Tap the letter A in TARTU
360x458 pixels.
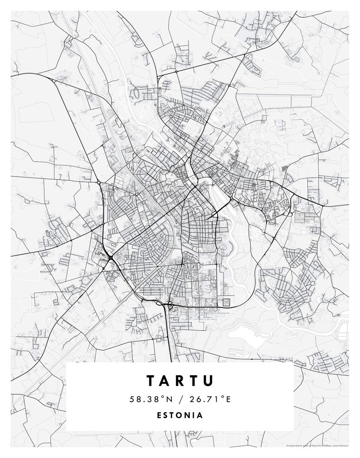[165, 380]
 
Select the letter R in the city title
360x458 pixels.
[180, 380]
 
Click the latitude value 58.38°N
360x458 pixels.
[149, 399]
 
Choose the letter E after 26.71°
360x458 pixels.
[228, 399]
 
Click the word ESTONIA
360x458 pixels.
[180, 415]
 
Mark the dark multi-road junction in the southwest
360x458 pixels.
[110, 258]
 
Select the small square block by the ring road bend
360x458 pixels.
[225, 302]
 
